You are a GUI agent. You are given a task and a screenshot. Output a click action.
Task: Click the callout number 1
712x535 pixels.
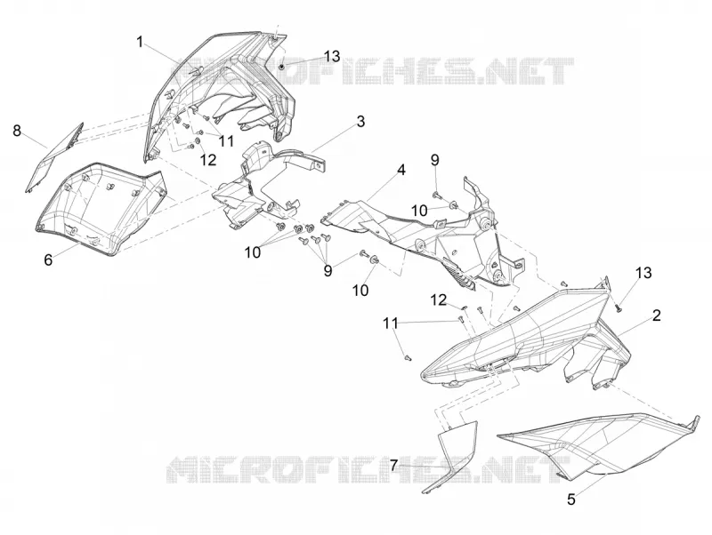point(140,42)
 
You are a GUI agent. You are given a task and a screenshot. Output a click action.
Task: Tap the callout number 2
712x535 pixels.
point(656,315)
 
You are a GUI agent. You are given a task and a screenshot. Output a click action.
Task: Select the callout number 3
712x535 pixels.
point(360,122)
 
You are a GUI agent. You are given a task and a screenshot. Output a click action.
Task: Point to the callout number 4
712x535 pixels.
point(401,171)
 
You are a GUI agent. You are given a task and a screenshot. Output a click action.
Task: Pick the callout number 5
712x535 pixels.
point(571,499)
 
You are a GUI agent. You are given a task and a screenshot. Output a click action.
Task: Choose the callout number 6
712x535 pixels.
point(48,260)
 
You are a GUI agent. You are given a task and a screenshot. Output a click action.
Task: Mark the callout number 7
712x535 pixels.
point(393,465)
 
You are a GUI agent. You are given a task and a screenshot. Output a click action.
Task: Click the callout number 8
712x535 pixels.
point(17,131)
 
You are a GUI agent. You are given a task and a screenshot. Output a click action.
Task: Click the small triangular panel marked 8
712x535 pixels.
point(54,157)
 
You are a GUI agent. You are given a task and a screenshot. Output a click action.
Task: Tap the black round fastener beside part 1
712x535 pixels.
point(281,68)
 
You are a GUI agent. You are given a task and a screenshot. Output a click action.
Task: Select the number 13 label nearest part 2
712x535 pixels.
point(643,273)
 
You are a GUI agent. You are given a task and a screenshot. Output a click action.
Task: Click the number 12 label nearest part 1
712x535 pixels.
point(208,160)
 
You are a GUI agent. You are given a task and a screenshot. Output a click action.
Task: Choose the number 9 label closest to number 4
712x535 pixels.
point(434,160)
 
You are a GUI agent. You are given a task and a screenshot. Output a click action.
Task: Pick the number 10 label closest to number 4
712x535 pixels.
point(419,211)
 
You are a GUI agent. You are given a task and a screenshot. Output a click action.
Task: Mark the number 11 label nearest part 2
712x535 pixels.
point(391,323)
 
